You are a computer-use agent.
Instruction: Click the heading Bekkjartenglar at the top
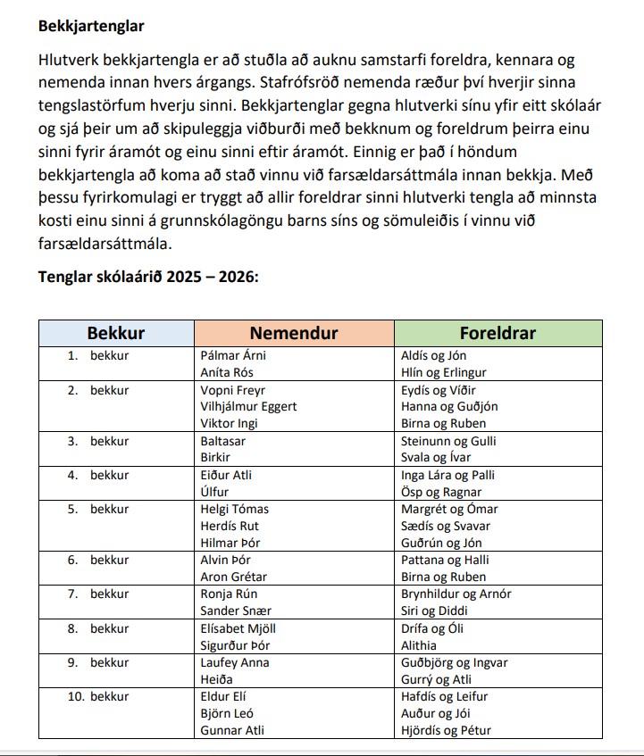91,27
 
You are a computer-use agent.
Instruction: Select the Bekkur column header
115,333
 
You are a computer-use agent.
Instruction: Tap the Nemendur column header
294,333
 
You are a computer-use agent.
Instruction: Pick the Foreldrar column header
498,333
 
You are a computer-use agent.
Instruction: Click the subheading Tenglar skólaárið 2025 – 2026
148,277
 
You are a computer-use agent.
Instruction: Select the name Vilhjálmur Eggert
248,406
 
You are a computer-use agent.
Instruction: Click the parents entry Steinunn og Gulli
449,441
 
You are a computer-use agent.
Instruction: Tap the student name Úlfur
214,492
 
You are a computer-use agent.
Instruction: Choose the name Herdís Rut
230,526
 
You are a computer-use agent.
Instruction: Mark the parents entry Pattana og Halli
445,560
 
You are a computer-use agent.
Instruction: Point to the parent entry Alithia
419,645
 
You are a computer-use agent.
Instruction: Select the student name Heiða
216,679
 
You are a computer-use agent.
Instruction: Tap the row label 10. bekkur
99,696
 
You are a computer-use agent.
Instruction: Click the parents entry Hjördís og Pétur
446,730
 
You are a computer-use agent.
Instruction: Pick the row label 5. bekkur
99,509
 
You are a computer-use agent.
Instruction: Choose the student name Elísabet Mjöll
238,628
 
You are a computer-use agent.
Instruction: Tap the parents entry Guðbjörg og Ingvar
455,662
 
